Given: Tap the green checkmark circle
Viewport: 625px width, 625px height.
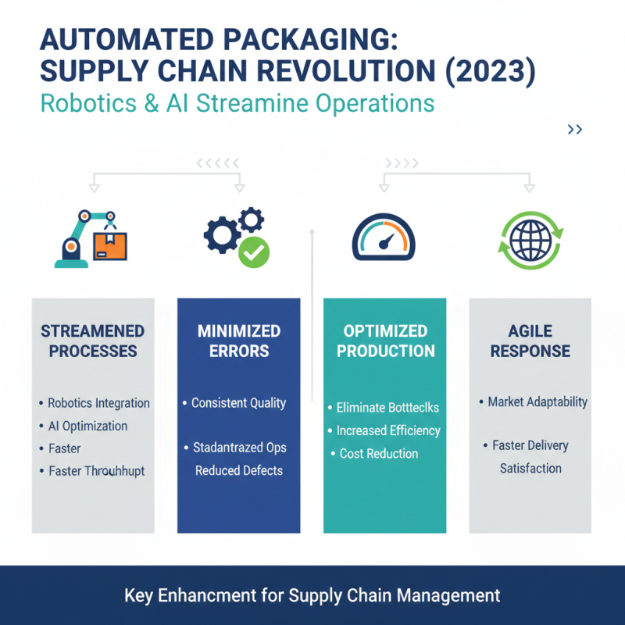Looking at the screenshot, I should pos(253,252).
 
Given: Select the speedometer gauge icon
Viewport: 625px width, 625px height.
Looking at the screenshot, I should pos(384,237).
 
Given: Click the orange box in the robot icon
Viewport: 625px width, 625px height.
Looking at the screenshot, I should pos(109,245).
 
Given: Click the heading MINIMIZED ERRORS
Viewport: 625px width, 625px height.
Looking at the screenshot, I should pos(238,341).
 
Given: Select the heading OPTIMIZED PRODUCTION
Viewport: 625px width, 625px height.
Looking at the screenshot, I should pos(385,341).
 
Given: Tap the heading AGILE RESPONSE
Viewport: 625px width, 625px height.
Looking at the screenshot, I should pos(530,341).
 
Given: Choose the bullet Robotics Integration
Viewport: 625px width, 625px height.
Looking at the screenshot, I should pos(98,403).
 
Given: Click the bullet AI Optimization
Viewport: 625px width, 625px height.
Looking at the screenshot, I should pos(87,426).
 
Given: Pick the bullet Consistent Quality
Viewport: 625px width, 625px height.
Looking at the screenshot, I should pos(239,403).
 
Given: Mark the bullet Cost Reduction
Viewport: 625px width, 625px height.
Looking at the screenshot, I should pos(379,453).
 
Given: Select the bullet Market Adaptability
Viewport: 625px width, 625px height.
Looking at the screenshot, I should pos(537,402).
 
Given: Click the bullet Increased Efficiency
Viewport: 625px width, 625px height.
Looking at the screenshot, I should pos(388,430).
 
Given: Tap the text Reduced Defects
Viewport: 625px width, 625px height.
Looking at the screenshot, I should pos(239,470).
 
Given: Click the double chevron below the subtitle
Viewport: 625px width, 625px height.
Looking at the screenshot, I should pos(575,130).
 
